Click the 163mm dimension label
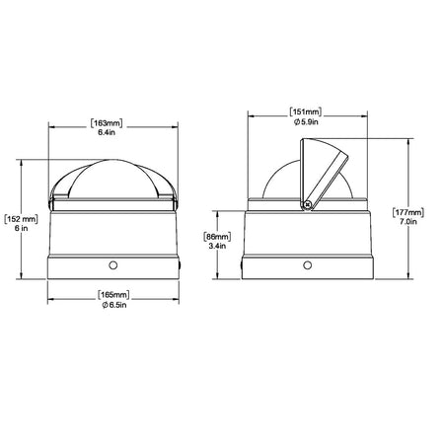(107, 123)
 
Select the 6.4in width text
(107, 133)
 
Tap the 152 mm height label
(22, 219)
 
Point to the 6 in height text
(21, 228)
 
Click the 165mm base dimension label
(113, 295)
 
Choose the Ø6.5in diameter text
(114, 305)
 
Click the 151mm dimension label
(306, 112)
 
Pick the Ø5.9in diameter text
(306, 122)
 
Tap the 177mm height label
(408, 212)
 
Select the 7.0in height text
(408, 222)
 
